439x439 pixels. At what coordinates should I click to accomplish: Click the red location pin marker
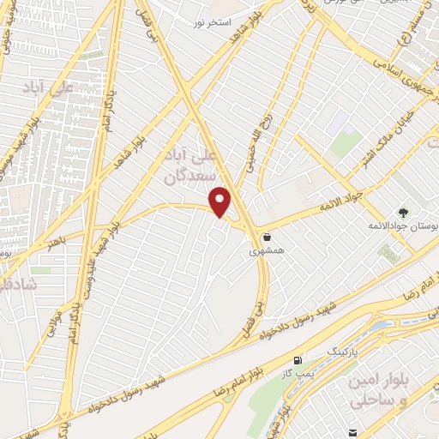(221, 201)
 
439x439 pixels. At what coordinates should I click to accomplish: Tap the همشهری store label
(265, 253)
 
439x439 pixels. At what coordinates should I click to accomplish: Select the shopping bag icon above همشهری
(269, 238)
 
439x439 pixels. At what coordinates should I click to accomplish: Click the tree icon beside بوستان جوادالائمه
(403, 210)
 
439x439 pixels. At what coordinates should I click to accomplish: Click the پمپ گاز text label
(294, 376)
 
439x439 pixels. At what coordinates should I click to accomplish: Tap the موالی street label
(53, 320)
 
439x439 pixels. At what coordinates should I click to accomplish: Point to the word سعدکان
(185, 177)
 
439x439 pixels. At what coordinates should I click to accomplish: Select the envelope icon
(352, 431)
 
